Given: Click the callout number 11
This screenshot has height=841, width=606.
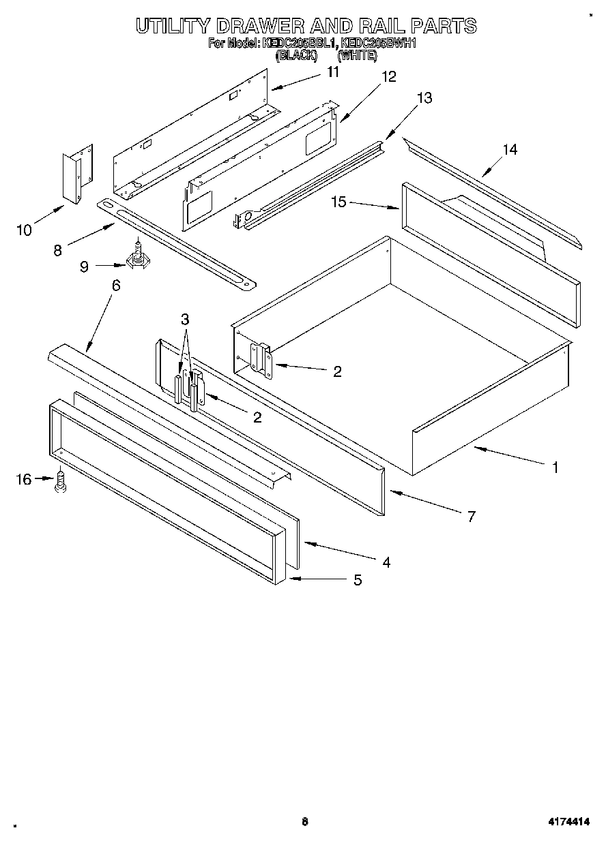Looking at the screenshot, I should click(332, 72).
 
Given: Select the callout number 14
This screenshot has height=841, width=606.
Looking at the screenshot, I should click(510, 150).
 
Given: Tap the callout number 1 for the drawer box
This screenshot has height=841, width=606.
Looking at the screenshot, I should click(555, 468).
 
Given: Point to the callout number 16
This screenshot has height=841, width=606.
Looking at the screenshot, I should click(24, 480).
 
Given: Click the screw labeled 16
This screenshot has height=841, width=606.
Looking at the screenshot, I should click(60, 482).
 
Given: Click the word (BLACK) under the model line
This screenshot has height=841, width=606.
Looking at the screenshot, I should click(296, 56).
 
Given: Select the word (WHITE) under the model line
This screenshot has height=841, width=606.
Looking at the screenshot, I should click(357, 56).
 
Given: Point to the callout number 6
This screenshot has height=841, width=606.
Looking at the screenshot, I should click(116, 285).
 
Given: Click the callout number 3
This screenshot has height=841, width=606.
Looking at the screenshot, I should click(185, 319).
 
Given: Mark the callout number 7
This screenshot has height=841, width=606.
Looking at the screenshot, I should click(470, 516).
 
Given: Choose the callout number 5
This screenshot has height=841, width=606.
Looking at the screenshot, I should click(356, 581).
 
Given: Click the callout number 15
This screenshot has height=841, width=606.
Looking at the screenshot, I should click(340, 202).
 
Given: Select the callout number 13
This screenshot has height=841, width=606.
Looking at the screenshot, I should click(424, 98).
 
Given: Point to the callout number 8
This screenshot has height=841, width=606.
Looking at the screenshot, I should click(57, 250).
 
